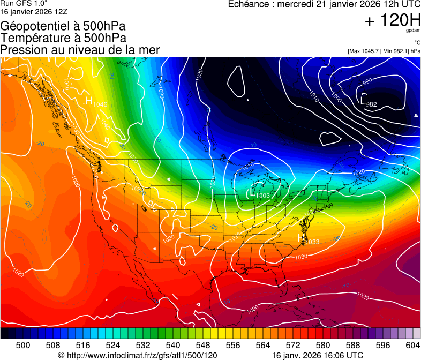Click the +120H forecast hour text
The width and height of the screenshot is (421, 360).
[392, 21]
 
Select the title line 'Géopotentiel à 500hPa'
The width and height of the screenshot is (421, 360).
[63, 26]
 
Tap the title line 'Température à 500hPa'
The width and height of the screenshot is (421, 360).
[63, 38]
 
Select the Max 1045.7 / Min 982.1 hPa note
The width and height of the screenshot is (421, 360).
[384, 51]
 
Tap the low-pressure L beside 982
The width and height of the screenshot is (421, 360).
[364, 100]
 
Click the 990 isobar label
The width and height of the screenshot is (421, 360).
[367, 81]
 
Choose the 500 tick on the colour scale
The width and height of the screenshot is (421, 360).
[23, 344]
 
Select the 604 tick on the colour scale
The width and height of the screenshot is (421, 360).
[413, 344]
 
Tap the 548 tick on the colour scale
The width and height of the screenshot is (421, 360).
[203, 344]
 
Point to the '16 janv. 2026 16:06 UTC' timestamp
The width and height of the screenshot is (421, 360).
[318, 355]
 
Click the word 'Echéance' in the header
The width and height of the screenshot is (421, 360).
[249, 4]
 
